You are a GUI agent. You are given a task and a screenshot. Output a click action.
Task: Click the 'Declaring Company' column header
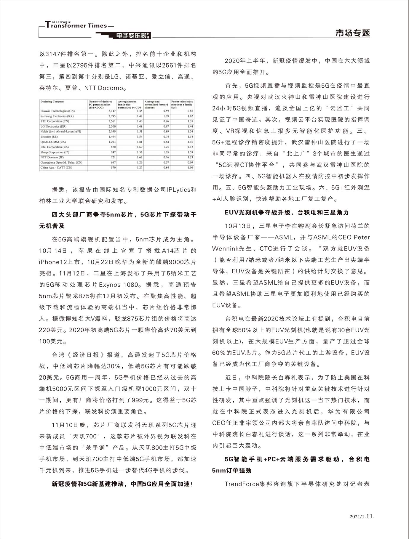[x=52, y=102]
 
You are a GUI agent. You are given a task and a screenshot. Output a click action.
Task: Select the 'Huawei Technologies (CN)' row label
[x=57, y=111]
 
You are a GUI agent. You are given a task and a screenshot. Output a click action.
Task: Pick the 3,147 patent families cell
[x=112, y=111]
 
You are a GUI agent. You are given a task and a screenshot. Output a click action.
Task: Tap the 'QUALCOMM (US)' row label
[x=49, y=142]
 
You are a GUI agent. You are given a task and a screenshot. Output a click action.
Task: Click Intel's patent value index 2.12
[x=190, y=147]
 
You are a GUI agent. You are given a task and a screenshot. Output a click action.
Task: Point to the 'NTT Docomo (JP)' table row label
[x=52, y=157]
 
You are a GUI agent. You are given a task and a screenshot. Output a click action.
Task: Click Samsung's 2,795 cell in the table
[x=112, y=116]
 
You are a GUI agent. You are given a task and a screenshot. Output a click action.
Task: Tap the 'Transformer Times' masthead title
[x=76, y=25]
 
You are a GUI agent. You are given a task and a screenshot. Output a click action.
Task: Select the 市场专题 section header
[x=353, y=33]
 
